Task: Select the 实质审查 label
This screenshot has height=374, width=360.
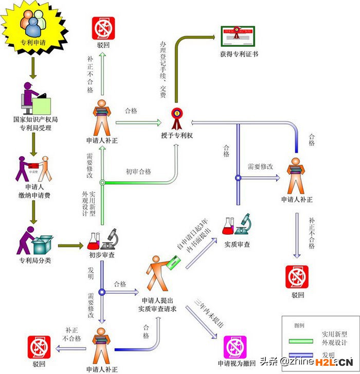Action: tap(237, 244)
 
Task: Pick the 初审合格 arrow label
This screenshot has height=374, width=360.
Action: tap(138, 172)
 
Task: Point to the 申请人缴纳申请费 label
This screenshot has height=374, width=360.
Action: tap(35, 191)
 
